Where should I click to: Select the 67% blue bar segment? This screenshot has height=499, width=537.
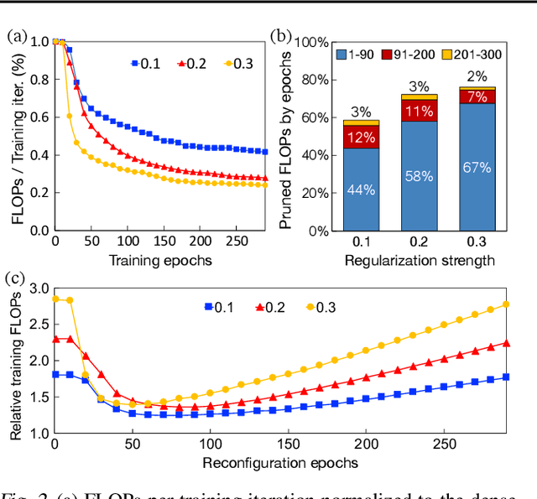coord(476,168)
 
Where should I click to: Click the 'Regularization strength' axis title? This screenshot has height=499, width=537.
coord(418,261)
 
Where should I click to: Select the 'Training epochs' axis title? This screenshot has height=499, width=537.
coord(159,261)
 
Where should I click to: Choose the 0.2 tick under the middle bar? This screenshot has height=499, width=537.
coord(418,243)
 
